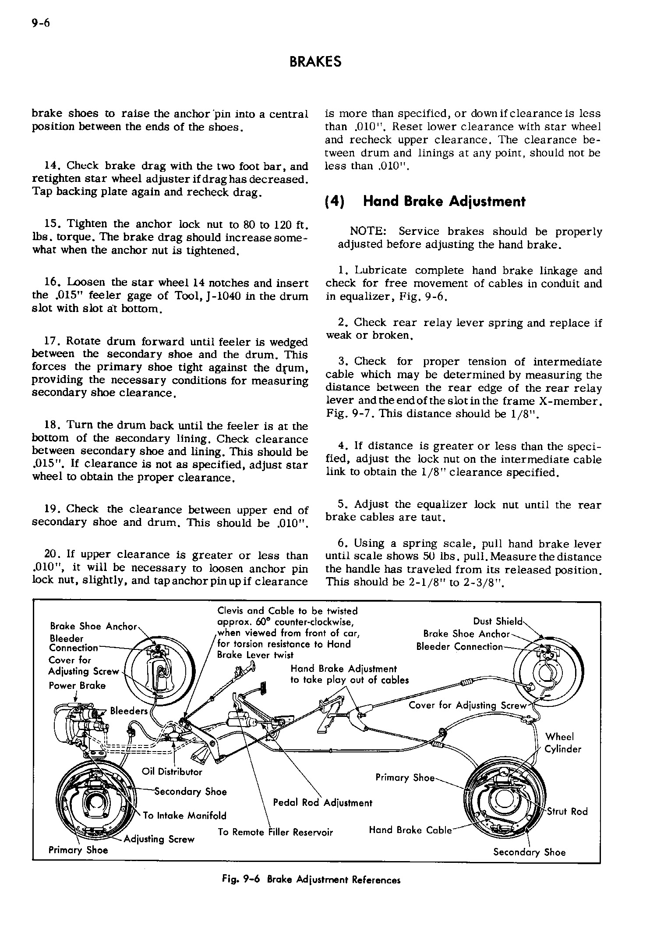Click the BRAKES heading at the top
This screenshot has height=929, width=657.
(x=315, y=62)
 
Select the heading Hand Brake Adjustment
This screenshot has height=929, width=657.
(x=444, y=202)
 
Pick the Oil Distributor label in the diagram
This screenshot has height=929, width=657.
(x=172, y=772)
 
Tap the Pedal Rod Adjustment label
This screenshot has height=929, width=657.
(x=322, y=802)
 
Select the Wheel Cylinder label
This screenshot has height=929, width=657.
(x=562, y=743)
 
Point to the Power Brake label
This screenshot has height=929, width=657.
(x=77, y=685)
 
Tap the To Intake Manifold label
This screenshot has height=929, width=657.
(x=184, y=816)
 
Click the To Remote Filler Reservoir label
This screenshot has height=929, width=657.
(x=275, y=832)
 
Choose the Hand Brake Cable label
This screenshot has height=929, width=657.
(x=410, y=830)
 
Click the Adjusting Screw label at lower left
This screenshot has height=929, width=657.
(x=159, y=839)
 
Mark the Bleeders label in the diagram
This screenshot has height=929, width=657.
(x=129, y=711)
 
